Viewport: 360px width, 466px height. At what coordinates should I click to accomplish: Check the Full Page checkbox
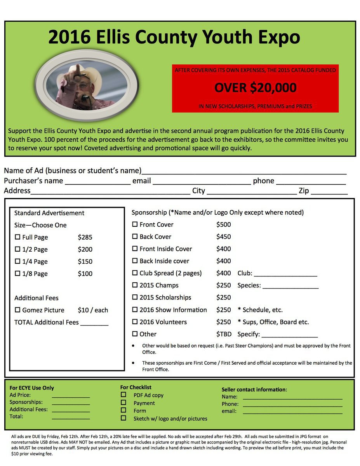17,237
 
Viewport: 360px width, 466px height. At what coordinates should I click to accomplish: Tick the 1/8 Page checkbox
17,273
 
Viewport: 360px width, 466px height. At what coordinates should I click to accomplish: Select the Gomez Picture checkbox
17,310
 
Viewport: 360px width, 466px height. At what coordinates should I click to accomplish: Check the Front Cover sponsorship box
135,224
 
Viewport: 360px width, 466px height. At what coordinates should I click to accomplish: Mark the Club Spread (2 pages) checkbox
135,273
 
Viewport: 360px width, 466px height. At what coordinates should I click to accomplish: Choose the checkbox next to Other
135,334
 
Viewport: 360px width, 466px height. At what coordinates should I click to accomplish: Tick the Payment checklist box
123,403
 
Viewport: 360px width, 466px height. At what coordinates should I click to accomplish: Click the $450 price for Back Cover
223,237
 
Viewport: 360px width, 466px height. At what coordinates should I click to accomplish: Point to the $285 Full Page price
85,237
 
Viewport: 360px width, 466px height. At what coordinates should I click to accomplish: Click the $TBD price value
224,334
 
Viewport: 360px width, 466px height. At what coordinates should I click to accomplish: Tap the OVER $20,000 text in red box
255,88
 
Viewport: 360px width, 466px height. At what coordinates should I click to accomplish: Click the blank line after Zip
329,193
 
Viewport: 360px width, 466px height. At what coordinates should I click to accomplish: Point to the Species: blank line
290,287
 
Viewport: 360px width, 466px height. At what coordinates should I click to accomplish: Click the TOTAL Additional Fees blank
94,324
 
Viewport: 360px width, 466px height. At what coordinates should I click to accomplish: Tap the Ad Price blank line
71,397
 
